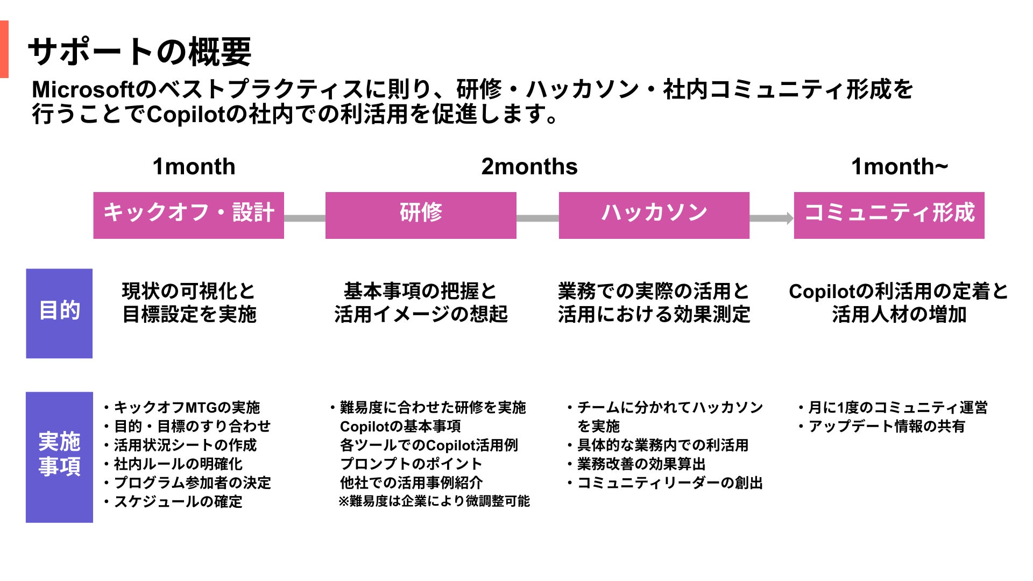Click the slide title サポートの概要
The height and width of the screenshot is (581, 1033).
(139, 52)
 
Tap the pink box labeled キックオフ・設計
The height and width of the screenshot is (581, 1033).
(188, 215)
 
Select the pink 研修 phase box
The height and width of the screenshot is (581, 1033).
(421, 215)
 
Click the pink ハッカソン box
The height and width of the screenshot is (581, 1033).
(654, 215)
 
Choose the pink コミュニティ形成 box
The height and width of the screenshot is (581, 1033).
(889, 215)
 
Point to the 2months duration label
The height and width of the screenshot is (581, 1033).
(529, 167)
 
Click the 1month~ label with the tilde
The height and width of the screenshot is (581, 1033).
(899, 167)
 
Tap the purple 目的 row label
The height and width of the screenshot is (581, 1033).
(59, 313)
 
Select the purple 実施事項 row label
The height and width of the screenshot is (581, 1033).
(59, 457)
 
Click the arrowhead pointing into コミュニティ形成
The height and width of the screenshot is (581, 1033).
(790, 218)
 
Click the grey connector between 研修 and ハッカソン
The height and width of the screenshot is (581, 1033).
(537, 218)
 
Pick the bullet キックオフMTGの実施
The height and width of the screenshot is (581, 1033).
(186, 408)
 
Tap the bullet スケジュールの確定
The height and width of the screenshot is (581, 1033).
(178, 501)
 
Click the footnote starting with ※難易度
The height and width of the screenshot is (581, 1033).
(434, 501)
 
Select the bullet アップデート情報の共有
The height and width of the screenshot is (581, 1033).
(886, 427)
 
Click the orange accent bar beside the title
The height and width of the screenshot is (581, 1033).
(4, 49)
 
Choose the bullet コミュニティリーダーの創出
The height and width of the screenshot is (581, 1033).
(669, 483)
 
